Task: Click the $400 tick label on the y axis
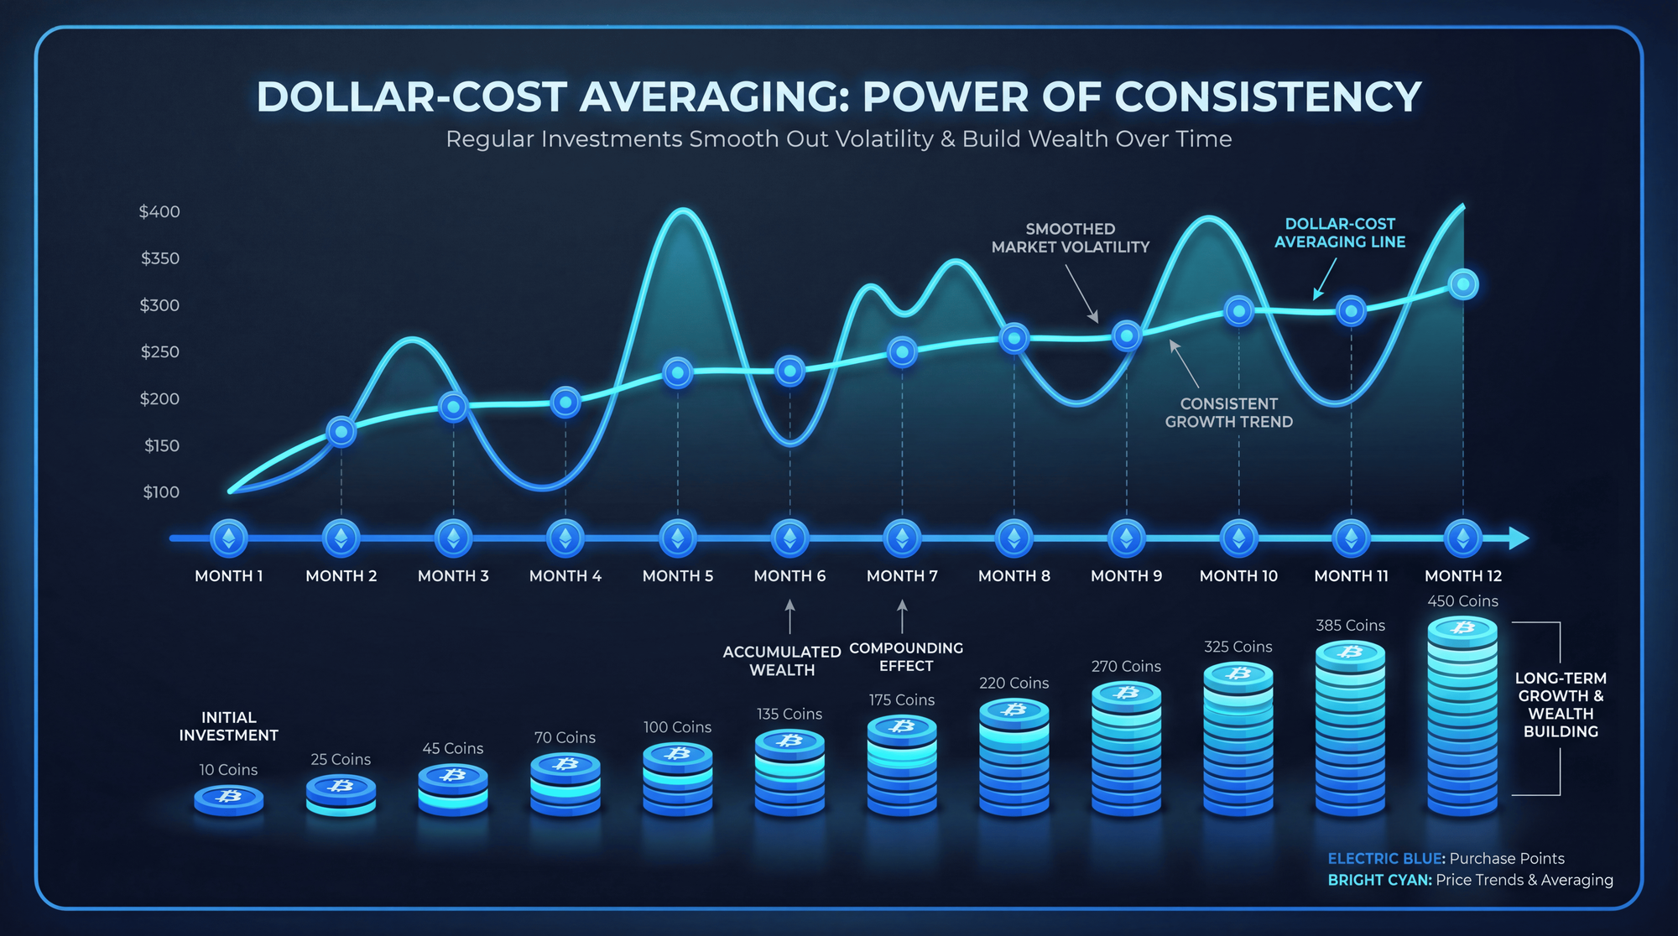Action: click(x=159, y=211)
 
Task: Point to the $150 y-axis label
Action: click(x=161, y=445)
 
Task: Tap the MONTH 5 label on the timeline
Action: click(x=677, y=576)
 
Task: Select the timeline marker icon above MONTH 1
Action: click(x=229, y=538)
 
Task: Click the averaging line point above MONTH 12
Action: click(x=1463, y=284)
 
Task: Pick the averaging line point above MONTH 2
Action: click(x=341, y=432)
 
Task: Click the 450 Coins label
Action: click(x=1462, y=601)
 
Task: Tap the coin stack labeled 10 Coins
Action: click(x=229, y=799)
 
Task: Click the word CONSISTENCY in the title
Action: click(x=1268, y=96)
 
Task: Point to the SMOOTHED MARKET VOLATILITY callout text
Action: click(x=1070, y=238)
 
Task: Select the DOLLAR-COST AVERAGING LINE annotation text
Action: click(x=1340, y=233)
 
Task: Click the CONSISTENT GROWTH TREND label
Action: click(x=1228, y=413)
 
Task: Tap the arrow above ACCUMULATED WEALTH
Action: click(x=789, y=616)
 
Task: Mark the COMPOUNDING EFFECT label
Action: click(x=906, y=657)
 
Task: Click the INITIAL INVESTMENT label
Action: click(x=228, y=726)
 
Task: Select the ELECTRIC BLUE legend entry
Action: click(x=1446, y=859)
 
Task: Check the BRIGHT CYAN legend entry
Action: click(x=1470, y=880)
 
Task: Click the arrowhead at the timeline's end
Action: click(x=1519, y=538)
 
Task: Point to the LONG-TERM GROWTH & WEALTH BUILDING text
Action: click(x=1561, y=705)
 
